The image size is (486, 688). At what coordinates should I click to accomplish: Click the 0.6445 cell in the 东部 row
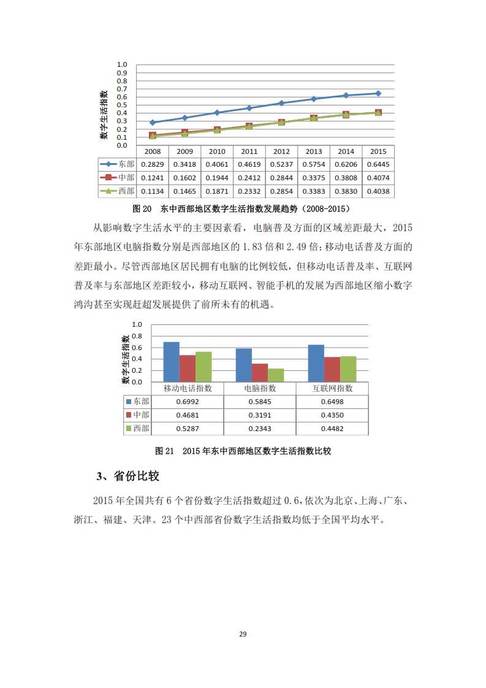tap(378, 164)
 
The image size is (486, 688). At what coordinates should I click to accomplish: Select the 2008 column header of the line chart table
tap(152, 151)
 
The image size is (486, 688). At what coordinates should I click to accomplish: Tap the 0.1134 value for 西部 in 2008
tap(152, 191)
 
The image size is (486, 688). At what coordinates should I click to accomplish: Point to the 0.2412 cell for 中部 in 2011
tap(249, 178)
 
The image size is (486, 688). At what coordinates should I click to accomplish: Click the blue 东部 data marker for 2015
tap(378, 93)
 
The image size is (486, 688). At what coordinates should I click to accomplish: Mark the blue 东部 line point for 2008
tap(152, 123)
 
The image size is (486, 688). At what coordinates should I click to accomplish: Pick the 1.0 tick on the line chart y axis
tap(121, 64)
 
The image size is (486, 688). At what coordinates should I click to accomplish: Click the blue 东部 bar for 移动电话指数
tap(171, 362)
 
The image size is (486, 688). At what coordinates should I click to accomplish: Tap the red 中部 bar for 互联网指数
tap(332, 369)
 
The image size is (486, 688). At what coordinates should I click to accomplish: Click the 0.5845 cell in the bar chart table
tap(260, 401)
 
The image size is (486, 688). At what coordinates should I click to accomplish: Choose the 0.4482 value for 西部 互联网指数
tap(332, 429)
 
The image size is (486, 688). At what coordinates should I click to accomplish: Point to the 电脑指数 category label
tap(260, 389)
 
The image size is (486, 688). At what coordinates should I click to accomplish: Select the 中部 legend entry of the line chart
tap(120, 178)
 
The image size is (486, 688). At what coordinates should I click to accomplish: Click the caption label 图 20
tap(142, 208)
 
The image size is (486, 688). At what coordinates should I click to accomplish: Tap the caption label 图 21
tap(165, 451)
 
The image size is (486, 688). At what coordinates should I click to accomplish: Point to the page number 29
tap(243, 634)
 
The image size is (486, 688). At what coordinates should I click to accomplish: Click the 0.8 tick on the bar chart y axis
tap(137, 336)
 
